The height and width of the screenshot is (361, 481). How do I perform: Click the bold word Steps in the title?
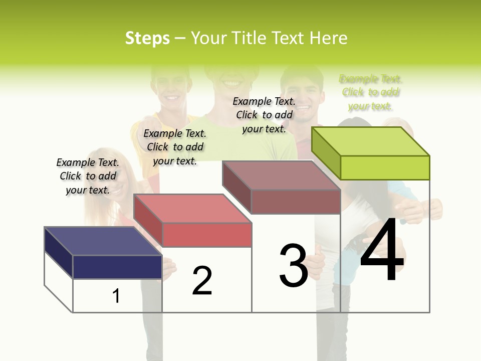coord(147,38)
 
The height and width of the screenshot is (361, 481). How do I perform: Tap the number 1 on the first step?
coord(116,296)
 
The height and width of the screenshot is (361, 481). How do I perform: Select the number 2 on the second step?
coord(202,281)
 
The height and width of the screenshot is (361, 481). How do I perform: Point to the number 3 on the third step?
coord(294,266)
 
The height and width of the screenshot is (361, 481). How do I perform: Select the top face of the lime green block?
coord(370,141)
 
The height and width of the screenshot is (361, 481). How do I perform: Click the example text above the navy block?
coord(88,176)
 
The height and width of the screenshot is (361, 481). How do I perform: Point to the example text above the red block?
coord(175,147)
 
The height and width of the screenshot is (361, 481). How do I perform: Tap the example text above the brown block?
coord(264,115)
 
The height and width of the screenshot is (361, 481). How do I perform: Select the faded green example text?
coord(370,92)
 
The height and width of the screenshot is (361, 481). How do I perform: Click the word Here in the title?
coord(328,38)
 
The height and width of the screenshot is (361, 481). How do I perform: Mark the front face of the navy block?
coord(117,267)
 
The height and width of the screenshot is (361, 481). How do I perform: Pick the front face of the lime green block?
coord(385,167)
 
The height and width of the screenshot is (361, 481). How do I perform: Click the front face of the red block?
coord(206,235)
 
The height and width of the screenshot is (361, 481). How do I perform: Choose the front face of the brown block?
coord(296,202)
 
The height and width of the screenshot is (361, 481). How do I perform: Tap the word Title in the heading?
coord(248,38)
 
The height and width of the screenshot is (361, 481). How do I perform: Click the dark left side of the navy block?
coord(59,252)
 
